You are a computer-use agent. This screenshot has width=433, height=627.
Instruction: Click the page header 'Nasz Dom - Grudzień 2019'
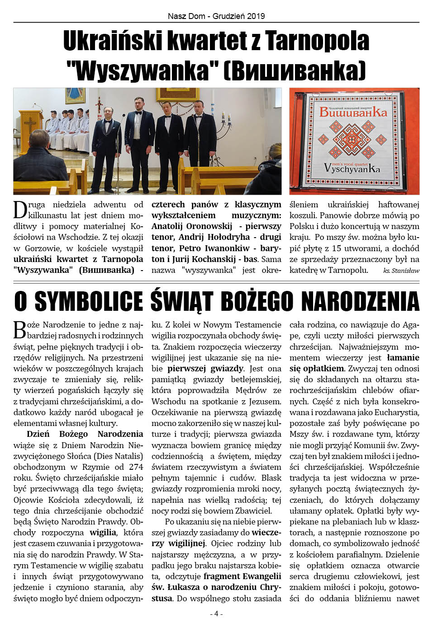point(216,16)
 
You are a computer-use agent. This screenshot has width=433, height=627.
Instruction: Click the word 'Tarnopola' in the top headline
point(317,41)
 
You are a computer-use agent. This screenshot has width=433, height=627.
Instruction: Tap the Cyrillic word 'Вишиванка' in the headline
point(294,70)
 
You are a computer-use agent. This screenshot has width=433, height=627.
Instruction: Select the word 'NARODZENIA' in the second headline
point(360,301)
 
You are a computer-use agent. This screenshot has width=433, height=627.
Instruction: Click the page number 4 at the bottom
point(216,613)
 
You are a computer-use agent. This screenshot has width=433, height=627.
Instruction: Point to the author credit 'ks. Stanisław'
point(401,271)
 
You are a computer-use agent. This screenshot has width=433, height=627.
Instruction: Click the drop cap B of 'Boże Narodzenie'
point(20,330)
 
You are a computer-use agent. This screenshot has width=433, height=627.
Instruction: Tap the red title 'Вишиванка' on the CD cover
point(353,112)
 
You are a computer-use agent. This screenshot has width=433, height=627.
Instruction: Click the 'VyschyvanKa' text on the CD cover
point(352,168)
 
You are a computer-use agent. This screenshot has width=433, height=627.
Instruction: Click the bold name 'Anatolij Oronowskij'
point(192,226)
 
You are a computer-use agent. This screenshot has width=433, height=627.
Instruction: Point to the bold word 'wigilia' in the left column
point(103,533)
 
